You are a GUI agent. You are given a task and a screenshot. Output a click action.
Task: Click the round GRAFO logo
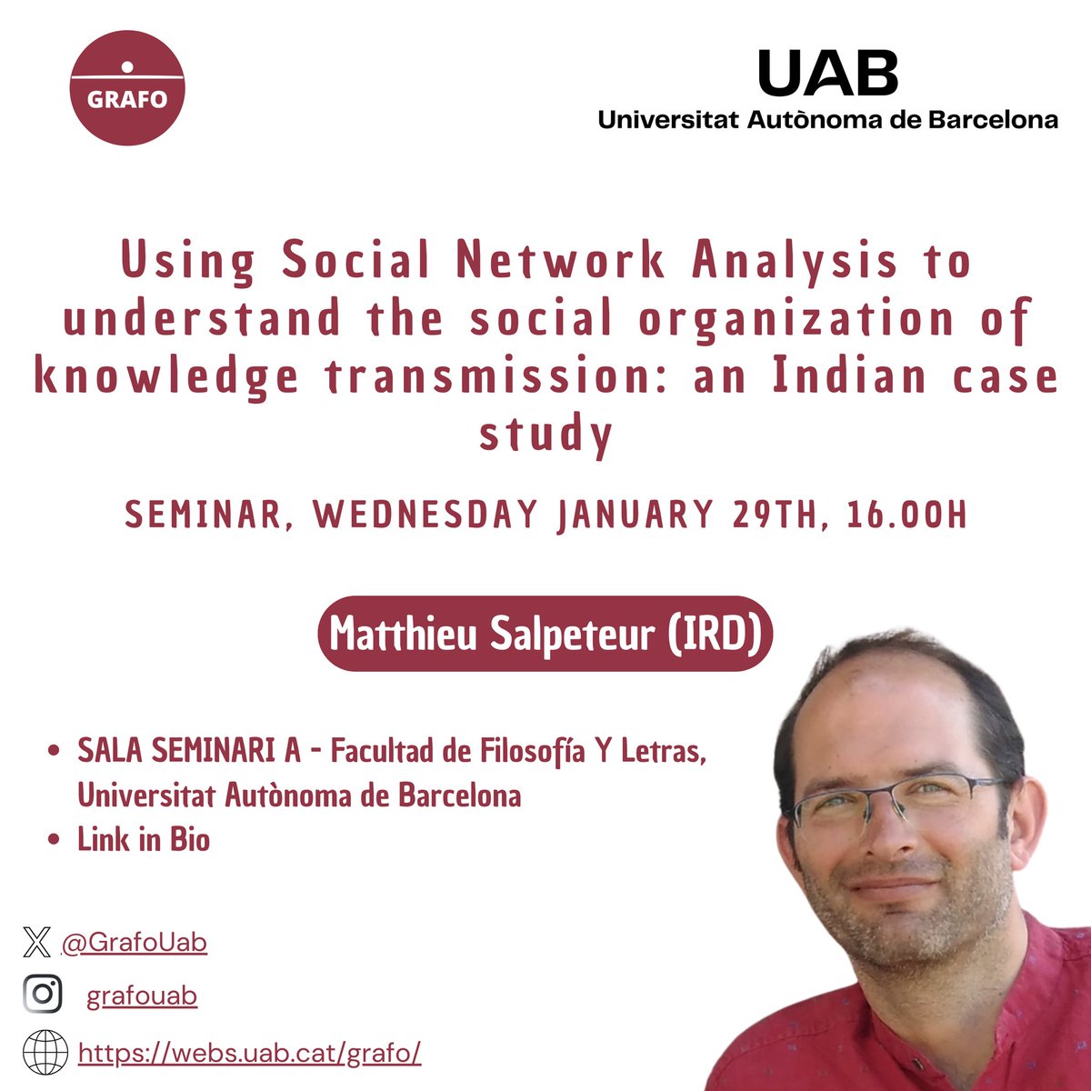pyautogui.click(x=127, y=87)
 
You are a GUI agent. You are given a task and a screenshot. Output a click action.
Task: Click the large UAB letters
pyautogui.click(x=827, y=74)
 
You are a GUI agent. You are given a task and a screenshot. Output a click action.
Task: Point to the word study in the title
pyautogui.click(x=545, y=435)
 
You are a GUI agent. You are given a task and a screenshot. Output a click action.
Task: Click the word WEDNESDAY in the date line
pyautogui.click(x=425, y=515)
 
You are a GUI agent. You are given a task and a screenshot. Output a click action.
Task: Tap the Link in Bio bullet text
pyautogui.click(x=144, y=839)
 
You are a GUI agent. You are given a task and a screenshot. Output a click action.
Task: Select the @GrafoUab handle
pyautogui.click(x=134, y=943)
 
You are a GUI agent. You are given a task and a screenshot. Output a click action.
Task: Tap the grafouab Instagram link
pyautogui.click(x=142, y=996)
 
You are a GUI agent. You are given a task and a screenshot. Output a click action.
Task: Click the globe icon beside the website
pyautogui.click(x=45, y=1053)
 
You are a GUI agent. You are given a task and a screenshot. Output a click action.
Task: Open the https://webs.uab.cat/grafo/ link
pyautogui.click(x=249, y=1054)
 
